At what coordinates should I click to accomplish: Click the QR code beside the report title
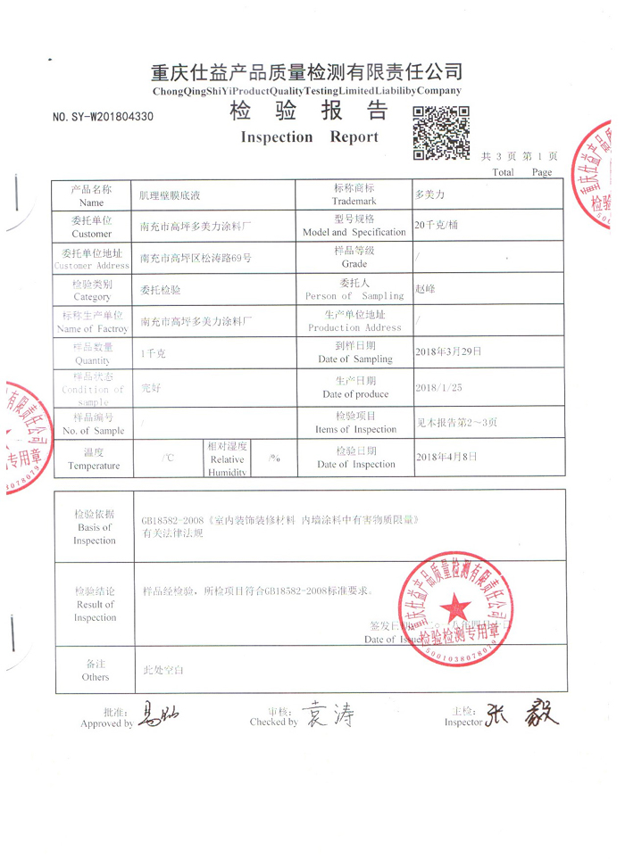pos(441,132)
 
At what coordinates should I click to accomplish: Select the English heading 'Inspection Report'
pos(310,137)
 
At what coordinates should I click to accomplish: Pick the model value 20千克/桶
pos(437,225)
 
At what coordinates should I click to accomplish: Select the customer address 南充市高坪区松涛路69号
pos(196,258)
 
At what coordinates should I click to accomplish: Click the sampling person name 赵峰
pos(424,289)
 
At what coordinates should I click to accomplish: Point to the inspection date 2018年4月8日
pos(446,456)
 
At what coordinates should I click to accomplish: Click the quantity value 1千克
pos(154,353)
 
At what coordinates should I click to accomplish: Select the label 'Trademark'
pos(354,202)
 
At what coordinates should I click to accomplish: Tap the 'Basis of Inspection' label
pos(95,527)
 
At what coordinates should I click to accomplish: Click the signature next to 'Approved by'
pos(162,715)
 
